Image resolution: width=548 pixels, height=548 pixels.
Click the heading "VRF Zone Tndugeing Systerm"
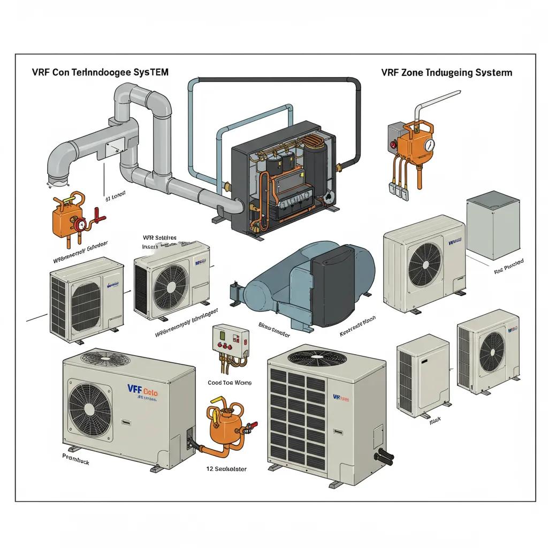[446, 73]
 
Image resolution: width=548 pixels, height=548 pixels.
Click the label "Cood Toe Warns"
[229, 383]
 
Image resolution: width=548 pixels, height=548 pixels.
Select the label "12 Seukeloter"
[226, 469]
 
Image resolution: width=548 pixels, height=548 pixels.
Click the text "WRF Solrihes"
[159, 237]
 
